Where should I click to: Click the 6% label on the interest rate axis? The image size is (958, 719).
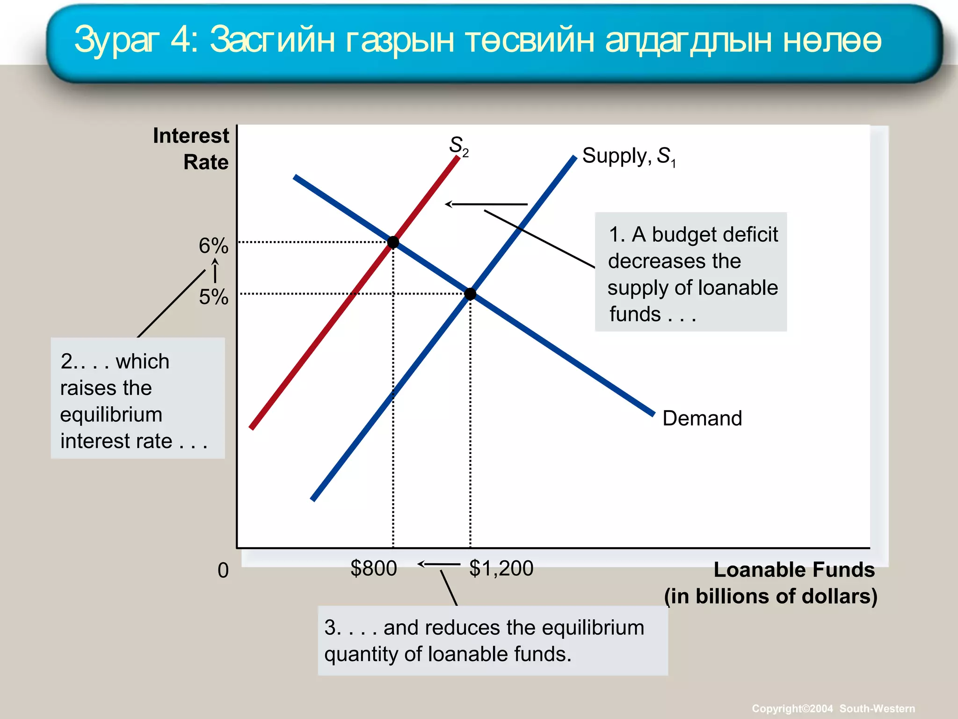[x=213, y=246]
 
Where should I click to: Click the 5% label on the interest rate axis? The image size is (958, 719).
[x=213, y=297]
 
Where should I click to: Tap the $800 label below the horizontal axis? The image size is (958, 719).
[x=373, y=568]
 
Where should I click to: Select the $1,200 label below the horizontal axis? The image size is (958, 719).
[x=501, y=568]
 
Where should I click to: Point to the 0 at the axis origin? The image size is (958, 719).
[x=223, y=570]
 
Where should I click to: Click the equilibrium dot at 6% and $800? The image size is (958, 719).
[x=393, y=242]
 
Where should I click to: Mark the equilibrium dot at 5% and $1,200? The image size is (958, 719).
[x=470, y=294]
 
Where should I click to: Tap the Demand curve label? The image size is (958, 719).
[x=702, y=418]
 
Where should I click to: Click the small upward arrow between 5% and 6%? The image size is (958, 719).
[x=215, y=271]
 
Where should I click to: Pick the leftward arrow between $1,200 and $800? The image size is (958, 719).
[x=438, y=564]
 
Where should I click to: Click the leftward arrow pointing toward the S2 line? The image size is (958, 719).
[x=486, y=204]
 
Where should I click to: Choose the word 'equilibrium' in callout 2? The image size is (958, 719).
[x=111, y=415]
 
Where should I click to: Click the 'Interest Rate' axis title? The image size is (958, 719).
[x=191, y=149]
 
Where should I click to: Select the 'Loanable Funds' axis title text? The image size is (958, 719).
[x=794, y=570]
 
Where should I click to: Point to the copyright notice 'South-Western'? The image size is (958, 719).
[x=877, y=709]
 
